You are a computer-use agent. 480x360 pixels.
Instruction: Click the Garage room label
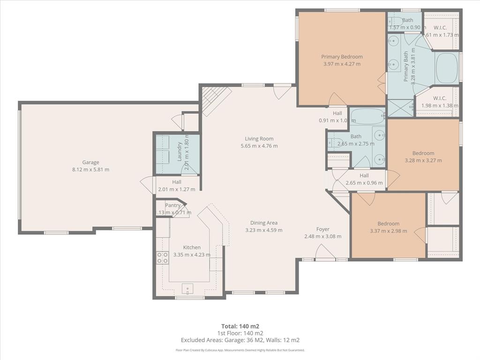click(x=90, y=163)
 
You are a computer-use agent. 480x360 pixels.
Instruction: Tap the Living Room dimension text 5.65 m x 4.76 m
click(x=259, y=146)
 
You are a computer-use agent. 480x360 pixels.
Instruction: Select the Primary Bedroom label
click(x=342, y=57)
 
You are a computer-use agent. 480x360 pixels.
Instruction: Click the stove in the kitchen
click(x=162, y=257)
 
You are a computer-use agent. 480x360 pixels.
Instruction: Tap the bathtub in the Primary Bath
click(x=447, y=68)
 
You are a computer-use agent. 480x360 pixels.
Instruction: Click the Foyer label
click(x=322, y=229)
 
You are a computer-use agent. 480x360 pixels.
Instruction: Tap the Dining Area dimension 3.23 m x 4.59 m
click(x=264, y=230)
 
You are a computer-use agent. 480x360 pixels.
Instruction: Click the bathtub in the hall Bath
click(x=367, y=116)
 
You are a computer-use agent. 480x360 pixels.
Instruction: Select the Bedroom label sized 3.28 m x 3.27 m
click(x=423, y=153)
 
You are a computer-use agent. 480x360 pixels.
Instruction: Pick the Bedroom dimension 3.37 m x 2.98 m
click(x=388, y=231)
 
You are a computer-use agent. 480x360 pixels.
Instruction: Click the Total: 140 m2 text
click(x=240, y=326)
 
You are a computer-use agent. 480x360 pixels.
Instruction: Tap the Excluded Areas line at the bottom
click(x=240, y=340)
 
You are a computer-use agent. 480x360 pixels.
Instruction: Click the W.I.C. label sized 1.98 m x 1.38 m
click(x=439, y=98)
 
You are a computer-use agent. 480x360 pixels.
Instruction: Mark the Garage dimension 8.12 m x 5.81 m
click(x=90, y=170)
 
